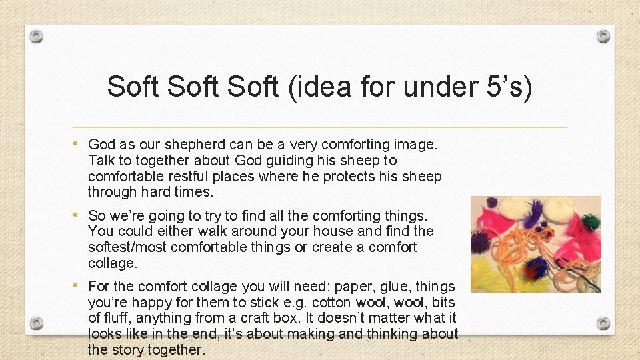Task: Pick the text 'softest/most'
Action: click(x=127, y=247)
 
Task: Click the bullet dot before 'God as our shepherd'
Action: click(x=79, y=143)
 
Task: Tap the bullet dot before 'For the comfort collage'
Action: click(x=79, y=286)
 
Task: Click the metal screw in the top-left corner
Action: click(x=37, y=36)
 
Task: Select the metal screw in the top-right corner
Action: click(x=603, y=36)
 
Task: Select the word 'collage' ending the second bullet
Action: click(x=112, y=263)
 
